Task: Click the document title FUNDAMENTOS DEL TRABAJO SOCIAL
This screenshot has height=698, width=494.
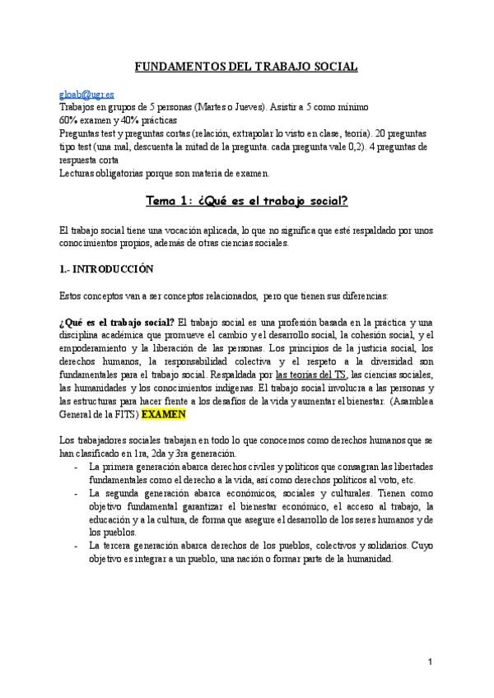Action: pyautogui.click(x=246, y=67)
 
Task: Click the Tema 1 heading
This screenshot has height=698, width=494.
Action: pyautogui.click(x=246, y=200)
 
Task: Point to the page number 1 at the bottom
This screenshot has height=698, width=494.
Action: pyautogui.click(x=429, y=662)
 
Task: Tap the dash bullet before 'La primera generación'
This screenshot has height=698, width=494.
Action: pyautogui.click(x=76, y=467)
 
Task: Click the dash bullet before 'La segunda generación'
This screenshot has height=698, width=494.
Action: pyautogui.click(x=76, y=492)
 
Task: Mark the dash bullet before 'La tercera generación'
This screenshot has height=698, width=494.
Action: pyautogui.click(x=76, y=545)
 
